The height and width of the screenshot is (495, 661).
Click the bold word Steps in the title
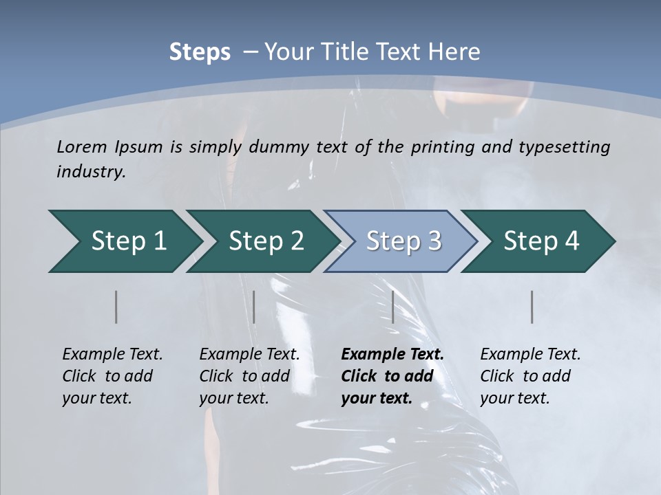pyautogui.click(x=200, y=52)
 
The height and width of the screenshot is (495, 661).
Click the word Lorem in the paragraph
pyautogui.click(x=82, y=146)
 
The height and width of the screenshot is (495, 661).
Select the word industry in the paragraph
pyautogui.click(x=90, y=172)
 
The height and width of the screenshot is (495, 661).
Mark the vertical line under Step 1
pyautogui.click(x=116, y=307)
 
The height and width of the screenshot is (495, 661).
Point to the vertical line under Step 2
pyautogui.click(x=254, y=307)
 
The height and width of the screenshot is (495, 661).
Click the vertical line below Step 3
pyautogui.click(x=392, y=307)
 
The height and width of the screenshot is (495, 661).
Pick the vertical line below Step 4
pyautogui.click(x=532, y=307)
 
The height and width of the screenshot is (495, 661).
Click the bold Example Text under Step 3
pyautogui.click(x=392, y=355)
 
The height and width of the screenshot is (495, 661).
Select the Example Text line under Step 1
pyautogui.click(x=112, y=355)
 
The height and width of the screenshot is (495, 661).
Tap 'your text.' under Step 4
pyautogui.click(x=514, y=398)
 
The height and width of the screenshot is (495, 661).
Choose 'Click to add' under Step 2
pyautogui.click(x=244, y=376)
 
